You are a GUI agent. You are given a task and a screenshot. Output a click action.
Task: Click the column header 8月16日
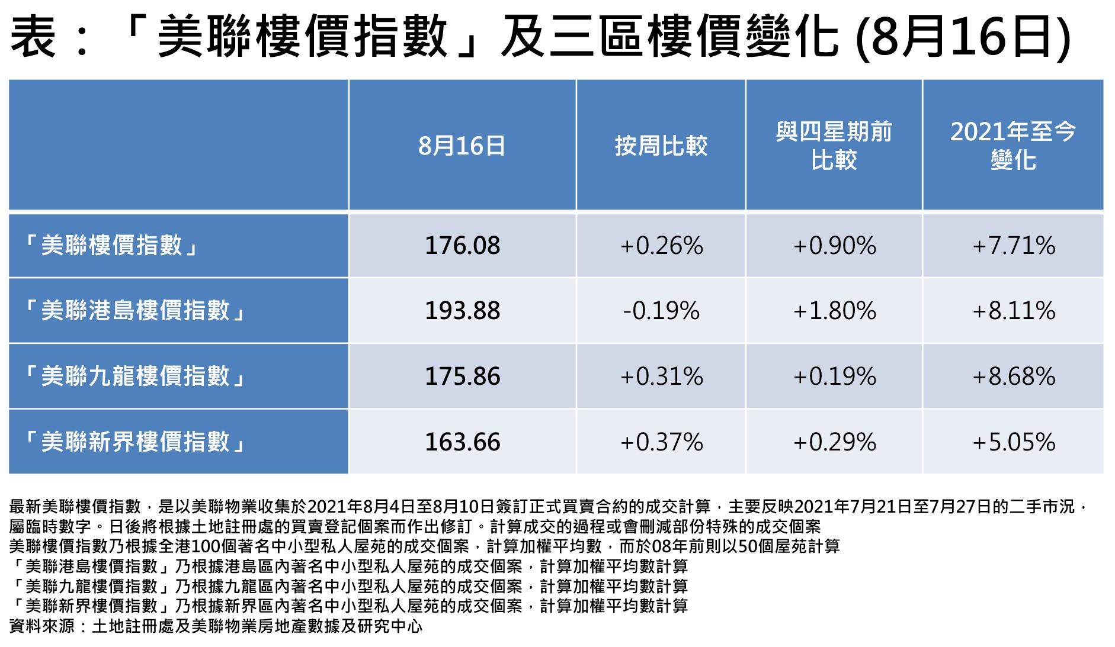click(x=462, y=146)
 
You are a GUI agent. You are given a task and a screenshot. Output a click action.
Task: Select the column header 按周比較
click(x=661, y=146)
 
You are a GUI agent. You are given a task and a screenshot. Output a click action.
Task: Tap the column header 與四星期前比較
click(x=834, y=146)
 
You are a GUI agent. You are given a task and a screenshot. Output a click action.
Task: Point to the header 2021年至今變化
click(x=1013, y=146)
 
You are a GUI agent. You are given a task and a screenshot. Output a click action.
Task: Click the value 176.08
click(x=462, y=246)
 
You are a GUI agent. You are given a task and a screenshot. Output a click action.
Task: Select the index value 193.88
click(x=462, y=311)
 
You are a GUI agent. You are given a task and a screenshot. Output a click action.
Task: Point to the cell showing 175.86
click(x=462, y=376)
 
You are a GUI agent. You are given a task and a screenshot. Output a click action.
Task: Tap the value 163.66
click(x=462, y=442)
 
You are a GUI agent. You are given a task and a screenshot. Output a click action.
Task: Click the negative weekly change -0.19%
click(x=661, y=311)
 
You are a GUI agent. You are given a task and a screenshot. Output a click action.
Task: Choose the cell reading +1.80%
click(x=834, y=311)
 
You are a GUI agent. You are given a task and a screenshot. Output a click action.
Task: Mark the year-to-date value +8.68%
click(x=1014, y=376)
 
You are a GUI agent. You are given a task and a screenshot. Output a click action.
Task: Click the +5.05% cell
click(x=1014, y=442)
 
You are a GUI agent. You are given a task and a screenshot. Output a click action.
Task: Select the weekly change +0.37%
click(x=661, y=442)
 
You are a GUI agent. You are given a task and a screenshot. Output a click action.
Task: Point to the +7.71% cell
click(x=1014, y=246)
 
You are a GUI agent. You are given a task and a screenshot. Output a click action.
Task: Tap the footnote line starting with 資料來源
click(x=216, y=626)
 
